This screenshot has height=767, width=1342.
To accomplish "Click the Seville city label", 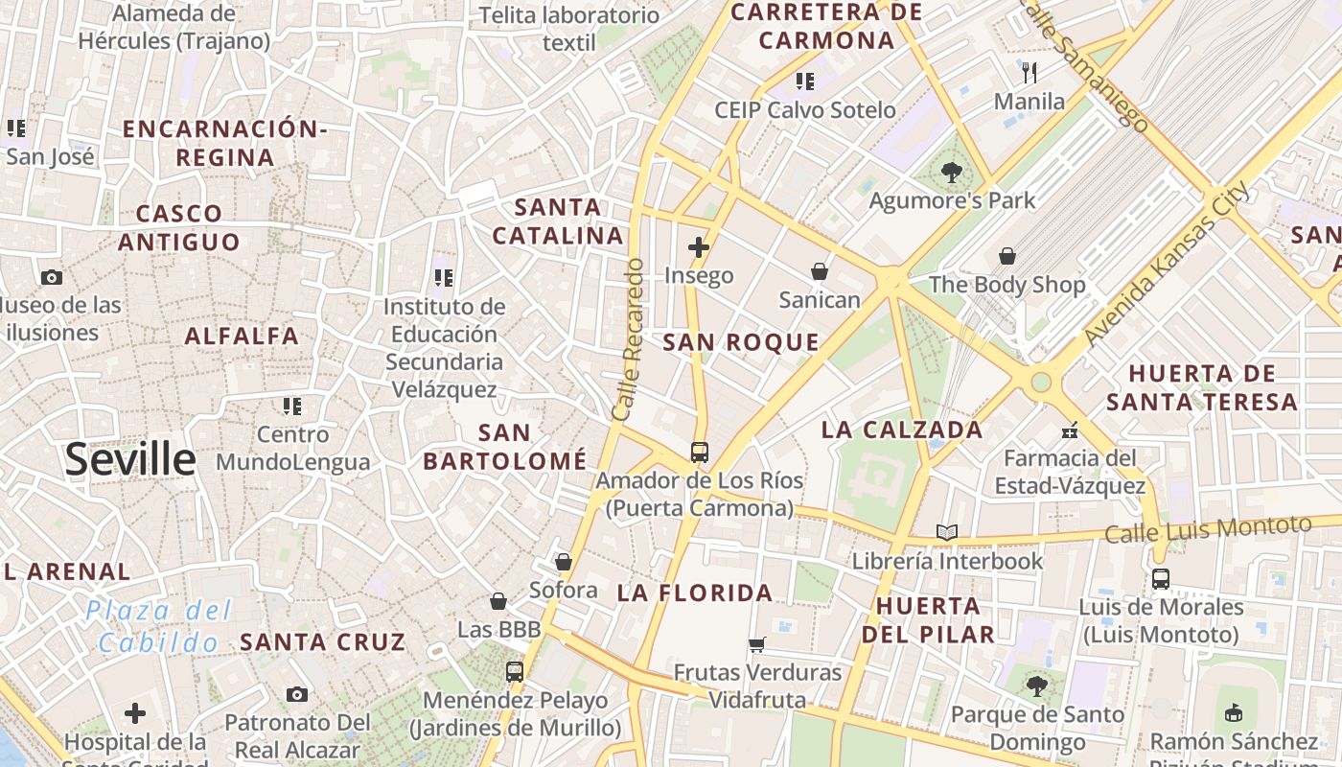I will pyautogui.click(x=130, y=460).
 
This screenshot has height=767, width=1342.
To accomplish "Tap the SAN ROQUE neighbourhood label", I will pyautogui.click(x=741, y=342).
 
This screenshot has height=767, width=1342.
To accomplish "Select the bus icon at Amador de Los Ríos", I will pyautogui.click(x=700, y=452).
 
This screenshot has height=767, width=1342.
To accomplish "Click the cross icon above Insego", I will pyautogui.click(x=699, y=247).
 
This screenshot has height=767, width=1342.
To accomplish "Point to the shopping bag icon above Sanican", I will pyautogui.click(x=820, y=271).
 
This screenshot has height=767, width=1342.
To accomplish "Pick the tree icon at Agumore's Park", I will pyautogui.click(x=951, y=173).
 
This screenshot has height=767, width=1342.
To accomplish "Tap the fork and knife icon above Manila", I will pyautogui.click(x=1030, y=72).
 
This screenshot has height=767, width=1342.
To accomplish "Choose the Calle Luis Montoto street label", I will pyautogui.click(x=1208, y=528).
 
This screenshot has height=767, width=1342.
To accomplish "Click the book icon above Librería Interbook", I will pyautogui.click(x=947, y=532).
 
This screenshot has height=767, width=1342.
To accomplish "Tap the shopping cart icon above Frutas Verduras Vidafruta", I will pyautogui.click(x=757, y=644).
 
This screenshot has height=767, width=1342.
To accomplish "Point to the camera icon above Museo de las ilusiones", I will pyautogui.click(x=52, y=277).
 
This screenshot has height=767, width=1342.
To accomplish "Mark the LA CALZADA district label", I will pyautogui.click(x=902, y=430).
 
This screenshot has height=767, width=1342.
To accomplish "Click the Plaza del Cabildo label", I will pyautogui.click(x=158, y=626).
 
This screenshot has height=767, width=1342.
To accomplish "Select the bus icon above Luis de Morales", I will pyautogui.click(x=1161, y=578).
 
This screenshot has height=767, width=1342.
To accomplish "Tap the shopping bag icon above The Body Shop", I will pyautogui.click(x=1007, y=256).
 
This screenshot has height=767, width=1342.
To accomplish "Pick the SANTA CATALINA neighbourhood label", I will pyautogui.click(x=558, y=221).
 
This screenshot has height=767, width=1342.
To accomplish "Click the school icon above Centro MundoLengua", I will pyautogui.click(x=292, y=407).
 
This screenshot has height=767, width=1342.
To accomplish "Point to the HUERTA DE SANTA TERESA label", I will pyautogui.click(x=1202, y=387).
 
